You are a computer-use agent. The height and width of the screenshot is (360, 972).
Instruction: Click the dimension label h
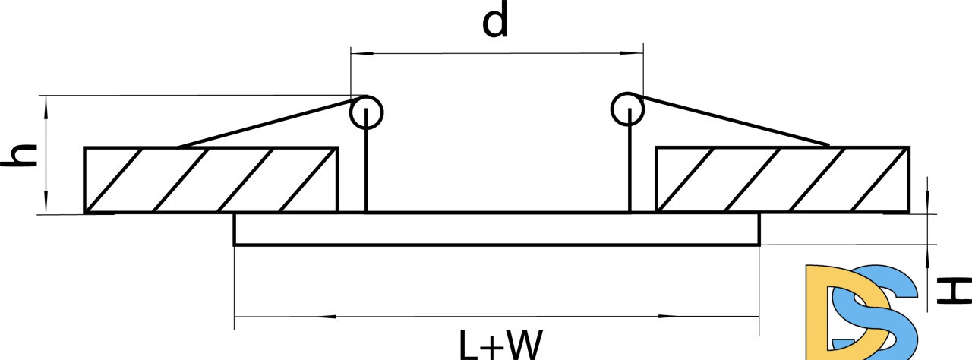tap(19, 155)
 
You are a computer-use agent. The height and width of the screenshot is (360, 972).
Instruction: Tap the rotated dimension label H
tap(954, 291)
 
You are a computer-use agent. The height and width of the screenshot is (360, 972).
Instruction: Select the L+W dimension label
tap(500, 345)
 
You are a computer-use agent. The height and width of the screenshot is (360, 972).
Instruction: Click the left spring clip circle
tap(367, 112)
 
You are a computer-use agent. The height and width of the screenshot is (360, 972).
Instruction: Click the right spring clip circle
tap(627, 109)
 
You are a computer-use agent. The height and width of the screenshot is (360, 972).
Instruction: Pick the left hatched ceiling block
tap(211, 180)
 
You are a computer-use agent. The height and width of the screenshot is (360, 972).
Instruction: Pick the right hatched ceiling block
tap(782, 180)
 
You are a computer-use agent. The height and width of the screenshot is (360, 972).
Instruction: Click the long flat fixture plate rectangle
tap(497, 229)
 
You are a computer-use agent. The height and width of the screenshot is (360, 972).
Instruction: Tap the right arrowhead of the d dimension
tap(632, 53)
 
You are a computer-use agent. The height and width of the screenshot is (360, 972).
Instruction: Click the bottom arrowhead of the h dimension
tap(46, 203)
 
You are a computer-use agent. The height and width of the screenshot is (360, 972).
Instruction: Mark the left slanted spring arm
tap(272, 122)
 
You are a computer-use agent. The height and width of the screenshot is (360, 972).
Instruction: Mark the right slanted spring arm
tap(729, 119)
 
